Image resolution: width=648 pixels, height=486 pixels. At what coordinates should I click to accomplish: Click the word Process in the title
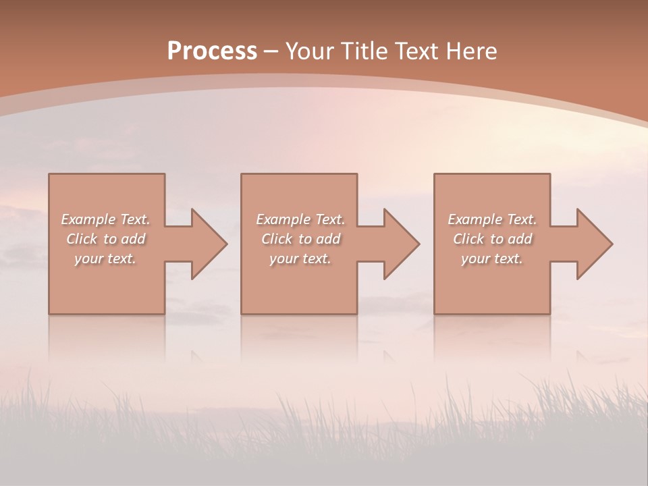(212, 51)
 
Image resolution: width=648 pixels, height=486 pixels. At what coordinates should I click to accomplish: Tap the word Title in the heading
(364, 51)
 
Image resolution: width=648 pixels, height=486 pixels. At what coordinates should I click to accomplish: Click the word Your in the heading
(311, 51)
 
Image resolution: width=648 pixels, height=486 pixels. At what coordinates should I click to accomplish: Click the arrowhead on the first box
(209, 244)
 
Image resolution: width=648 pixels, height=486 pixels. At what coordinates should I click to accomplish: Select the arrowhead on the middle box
(402, 244)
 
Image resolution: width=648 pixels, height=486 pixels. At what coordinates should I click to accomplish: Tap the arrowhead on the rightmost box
(595, 244)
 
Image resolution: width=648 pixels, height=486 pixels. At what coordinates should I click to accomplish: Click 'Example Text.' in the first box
(105, 219)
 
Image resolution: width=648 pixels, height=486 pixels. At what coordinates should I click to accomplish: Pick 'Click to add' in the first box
(105, 239)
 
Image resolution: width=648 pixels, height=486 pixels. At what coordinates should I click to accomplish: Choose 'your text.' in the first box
(105, 259)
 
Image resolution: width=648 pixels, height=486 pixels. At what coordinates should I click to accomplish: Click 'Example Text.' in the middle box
(300, 219)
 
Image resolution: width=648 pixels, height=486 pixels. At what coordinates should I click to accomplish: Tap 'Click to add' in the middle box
(300, 239)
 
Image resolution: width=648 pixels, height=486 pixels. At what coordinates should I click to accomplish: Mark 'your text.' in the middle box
(300, 259)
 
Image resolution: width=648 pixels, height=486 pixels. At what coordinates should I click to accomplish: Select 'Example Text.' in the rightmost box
(492, 219)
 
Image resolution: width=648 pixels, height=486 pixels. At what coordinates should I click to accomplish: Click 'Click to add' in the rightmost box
(492, 239)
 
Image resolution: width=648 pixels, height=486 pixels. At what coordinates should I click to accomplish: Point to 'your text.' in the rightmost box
(492, 259)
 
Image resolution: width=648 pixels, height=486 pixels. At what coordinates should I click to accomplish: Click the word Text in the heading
(415, 51)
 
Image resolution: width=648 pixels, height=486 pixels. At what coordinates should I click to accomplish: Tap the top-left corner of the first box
(50, 175)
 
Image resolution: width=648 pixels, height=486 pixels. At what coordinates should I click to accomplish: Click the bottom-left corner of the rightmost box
(435, 313)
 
